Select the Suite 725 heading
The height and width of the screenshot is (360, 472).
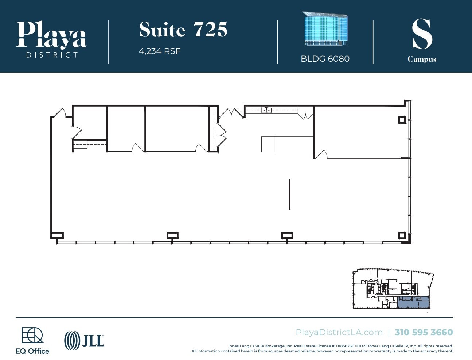[x=183, y=30]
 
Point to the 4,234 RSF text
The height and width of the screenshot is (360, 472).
[x=159, y=51]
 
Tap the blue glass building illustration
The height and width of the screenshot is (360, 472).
[x=325, y=29]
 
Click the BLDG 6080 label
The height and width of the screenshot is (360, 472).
[x=325, y=59]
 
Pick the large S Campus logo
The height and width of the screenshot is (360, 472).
[x=422, y=40]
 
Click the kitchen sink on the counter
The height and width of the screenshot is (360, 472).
[x=266, y=110]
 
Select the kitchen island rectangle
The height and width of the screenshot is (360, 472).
[x=287, y=144]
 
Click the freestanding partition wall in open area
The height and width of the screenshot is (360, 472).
[x=289, y=194]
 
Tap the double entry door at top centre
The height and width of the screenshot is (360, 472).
[x=231, y=113]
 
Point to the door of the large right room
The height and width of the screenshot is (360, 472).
[x=320, y=154]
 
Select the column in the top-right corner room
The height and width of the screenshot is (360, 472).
[x=402, y=120]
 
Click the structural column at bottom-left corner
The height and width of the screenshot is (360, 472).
[x=57, y=236]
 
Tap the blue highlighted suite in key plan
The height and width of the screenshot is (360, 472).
[x=413, y=302]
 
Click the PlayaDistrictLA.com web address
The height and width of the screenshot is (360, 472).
[x=339, y=332]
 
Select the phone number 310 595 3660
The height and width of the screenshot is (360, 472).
[x=424, y=332]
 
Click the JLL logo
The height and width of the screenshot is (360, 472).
[x=84, y=340]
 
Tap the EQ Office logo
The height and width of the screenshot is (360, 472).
[x=32, y=341]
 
